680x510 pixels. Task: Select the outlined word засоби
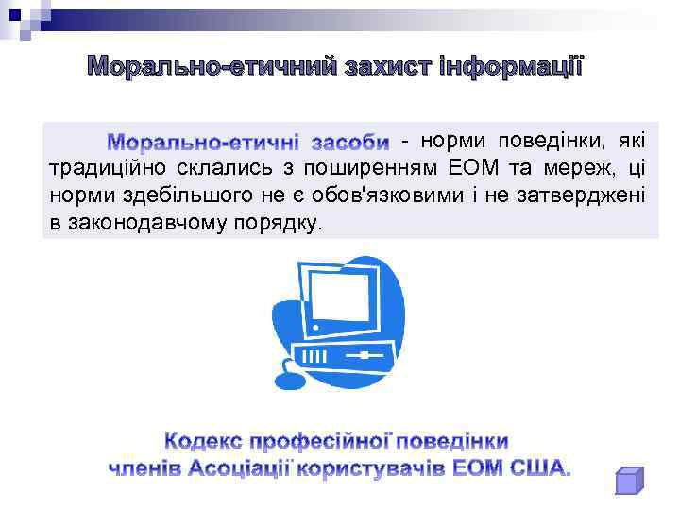[349, 143]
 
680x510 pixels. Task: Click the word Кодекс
[203, 441]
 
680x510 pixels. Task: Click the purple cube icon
[628, 481]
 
